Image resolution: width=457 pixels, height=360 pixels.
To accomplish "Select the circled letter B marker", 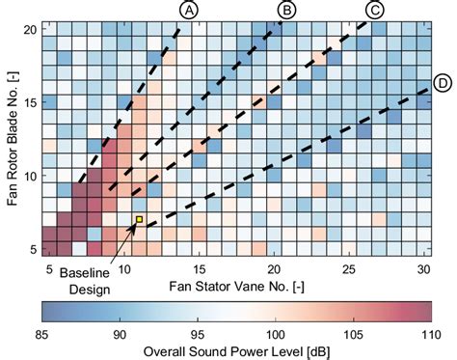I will pos(285,11).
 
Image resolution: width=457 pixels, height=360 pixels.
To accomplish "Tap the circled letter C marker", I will pos(375,11).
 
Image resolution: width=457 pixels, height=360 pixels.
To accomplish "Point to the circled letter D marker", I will pos(443,84).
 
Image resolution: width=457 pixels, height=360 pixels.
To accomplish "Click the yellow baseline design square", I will pos(139,220).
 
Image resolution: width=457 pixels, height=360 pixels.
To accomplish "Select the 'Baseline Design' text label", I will pos(84,281).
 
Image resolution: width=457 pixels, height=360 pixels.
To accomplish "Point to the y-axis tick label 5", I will pos(30,249).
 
